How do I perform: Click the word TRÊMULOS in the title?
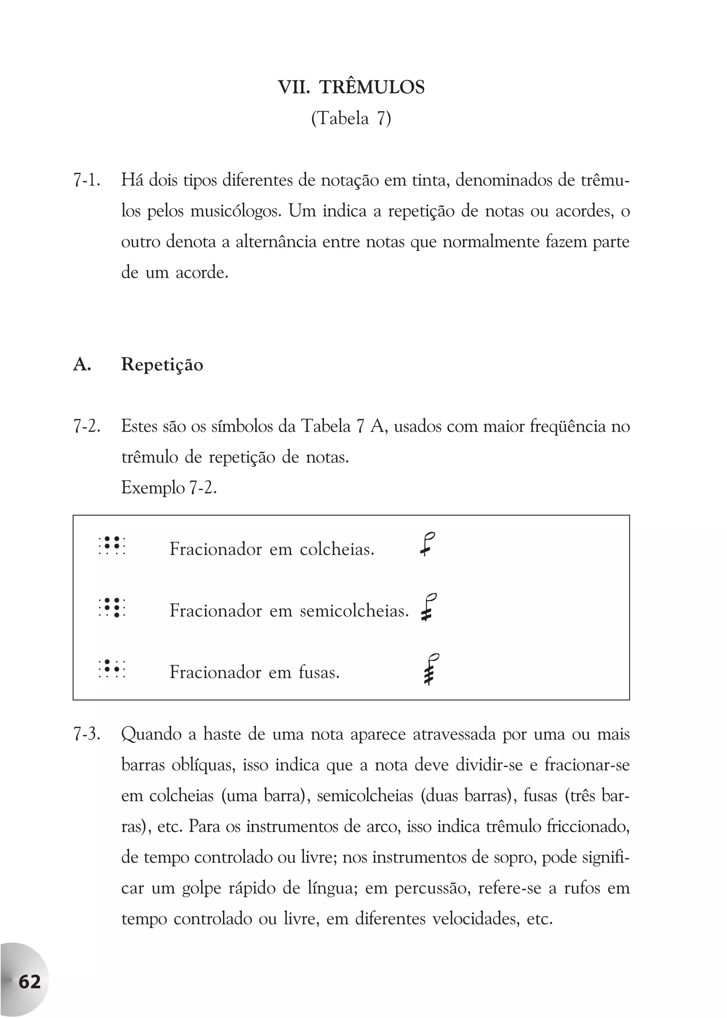[x=372, y=87]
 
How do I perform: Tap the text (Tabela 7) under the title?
[x=351, y=119]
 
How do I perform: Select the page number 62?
[x=29, y=982]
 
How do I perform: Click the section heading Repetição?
[x=162, y=365]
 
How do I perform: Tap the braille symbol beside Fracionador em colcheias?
[x=112, y=546]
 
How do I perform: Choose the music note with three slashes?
[x=430, y=669]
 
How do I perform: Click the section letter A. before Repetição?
[x=82, y=365]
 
